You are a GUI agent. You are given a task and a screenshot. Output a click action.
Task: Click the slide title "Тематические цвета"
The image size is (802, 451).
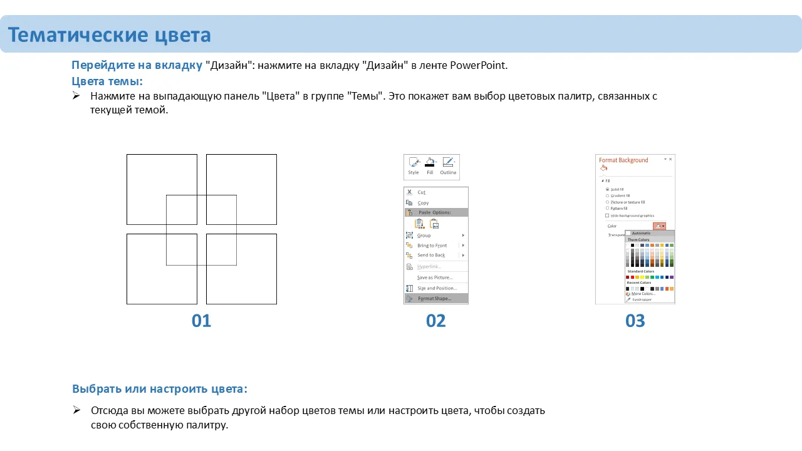[109, 35]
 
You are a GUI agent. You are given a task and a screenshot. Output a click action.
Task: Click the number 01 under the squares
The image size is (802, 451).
[201, 321]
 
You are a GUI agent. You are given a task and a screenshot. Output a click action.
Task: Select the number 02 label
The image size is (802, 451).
[435, 321]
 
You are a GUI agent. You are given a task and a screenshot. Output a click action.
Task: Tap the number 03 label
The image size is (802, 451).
[635, 321]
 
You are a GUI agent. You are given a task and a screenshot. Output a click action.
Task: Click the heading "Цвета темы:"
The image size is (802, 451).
[107, 81]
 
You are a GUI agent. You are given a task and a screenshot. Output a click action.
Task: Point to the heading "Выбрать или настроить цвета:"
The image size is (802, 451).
[160, 388]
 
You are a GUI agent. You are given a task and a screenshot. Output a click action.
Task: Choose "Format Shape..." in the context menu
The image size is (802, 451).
[434, 298]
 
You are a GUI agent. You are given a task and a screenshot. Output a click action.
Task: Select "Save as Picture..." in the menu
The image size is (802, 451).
[434, 277]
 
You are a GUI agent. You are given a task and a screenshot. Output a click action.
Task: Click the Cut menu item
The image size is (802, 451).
[422, 192]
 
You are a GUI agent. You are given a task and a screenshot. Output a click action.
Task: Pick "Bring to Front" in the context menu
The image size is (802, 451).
[432, 246]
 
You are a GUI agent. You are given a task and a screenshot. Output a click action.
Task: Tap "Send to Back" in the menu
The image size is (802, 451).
[431, 255]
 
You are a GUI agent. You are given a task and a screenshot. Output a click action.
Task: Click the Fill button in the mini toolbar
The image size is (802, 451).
[430, 166]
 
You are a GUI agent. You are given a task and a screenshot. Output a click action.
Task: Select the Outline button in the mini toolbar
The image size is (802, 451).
[448, 166]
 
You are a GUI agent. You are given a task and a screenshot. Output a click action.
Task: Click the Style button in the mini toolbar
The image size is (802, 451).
[414, 166]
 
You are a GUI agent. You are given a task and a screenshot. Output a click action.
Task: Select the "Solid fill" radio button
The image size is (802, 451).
[607, 189]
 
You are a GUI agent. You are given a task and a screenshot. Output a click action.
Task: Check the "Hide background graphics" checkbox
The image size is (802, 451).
[607, 215]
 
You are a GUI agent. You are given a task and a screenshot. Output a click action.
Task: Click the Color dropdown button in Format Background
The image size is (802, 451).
[659, 226]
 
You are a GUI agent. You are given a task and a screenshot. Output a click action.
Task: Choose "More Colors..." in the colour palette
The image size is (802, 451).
[643, 294]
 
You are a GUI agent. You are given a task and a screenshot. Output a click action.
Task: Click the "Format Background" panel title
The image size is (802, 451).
[623, 160]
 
